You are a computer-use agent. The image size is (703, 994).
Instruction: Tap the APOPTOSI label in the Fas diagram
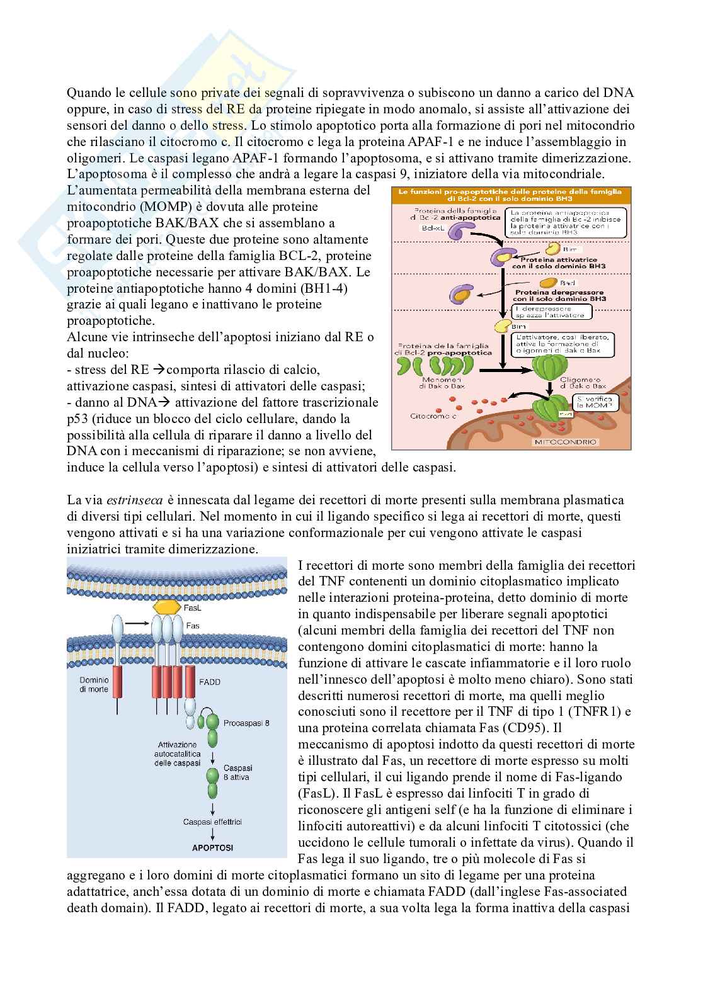point(212,848)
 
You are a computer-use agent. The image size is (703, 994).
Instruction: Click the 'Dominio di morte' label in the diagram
point(94,685)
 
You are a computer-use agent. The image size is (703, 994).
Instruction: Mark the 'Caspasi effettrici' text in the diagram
point(212,822)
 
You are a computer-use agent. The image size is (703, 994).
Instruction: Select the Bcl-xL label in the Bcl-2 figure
point(412,230)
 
